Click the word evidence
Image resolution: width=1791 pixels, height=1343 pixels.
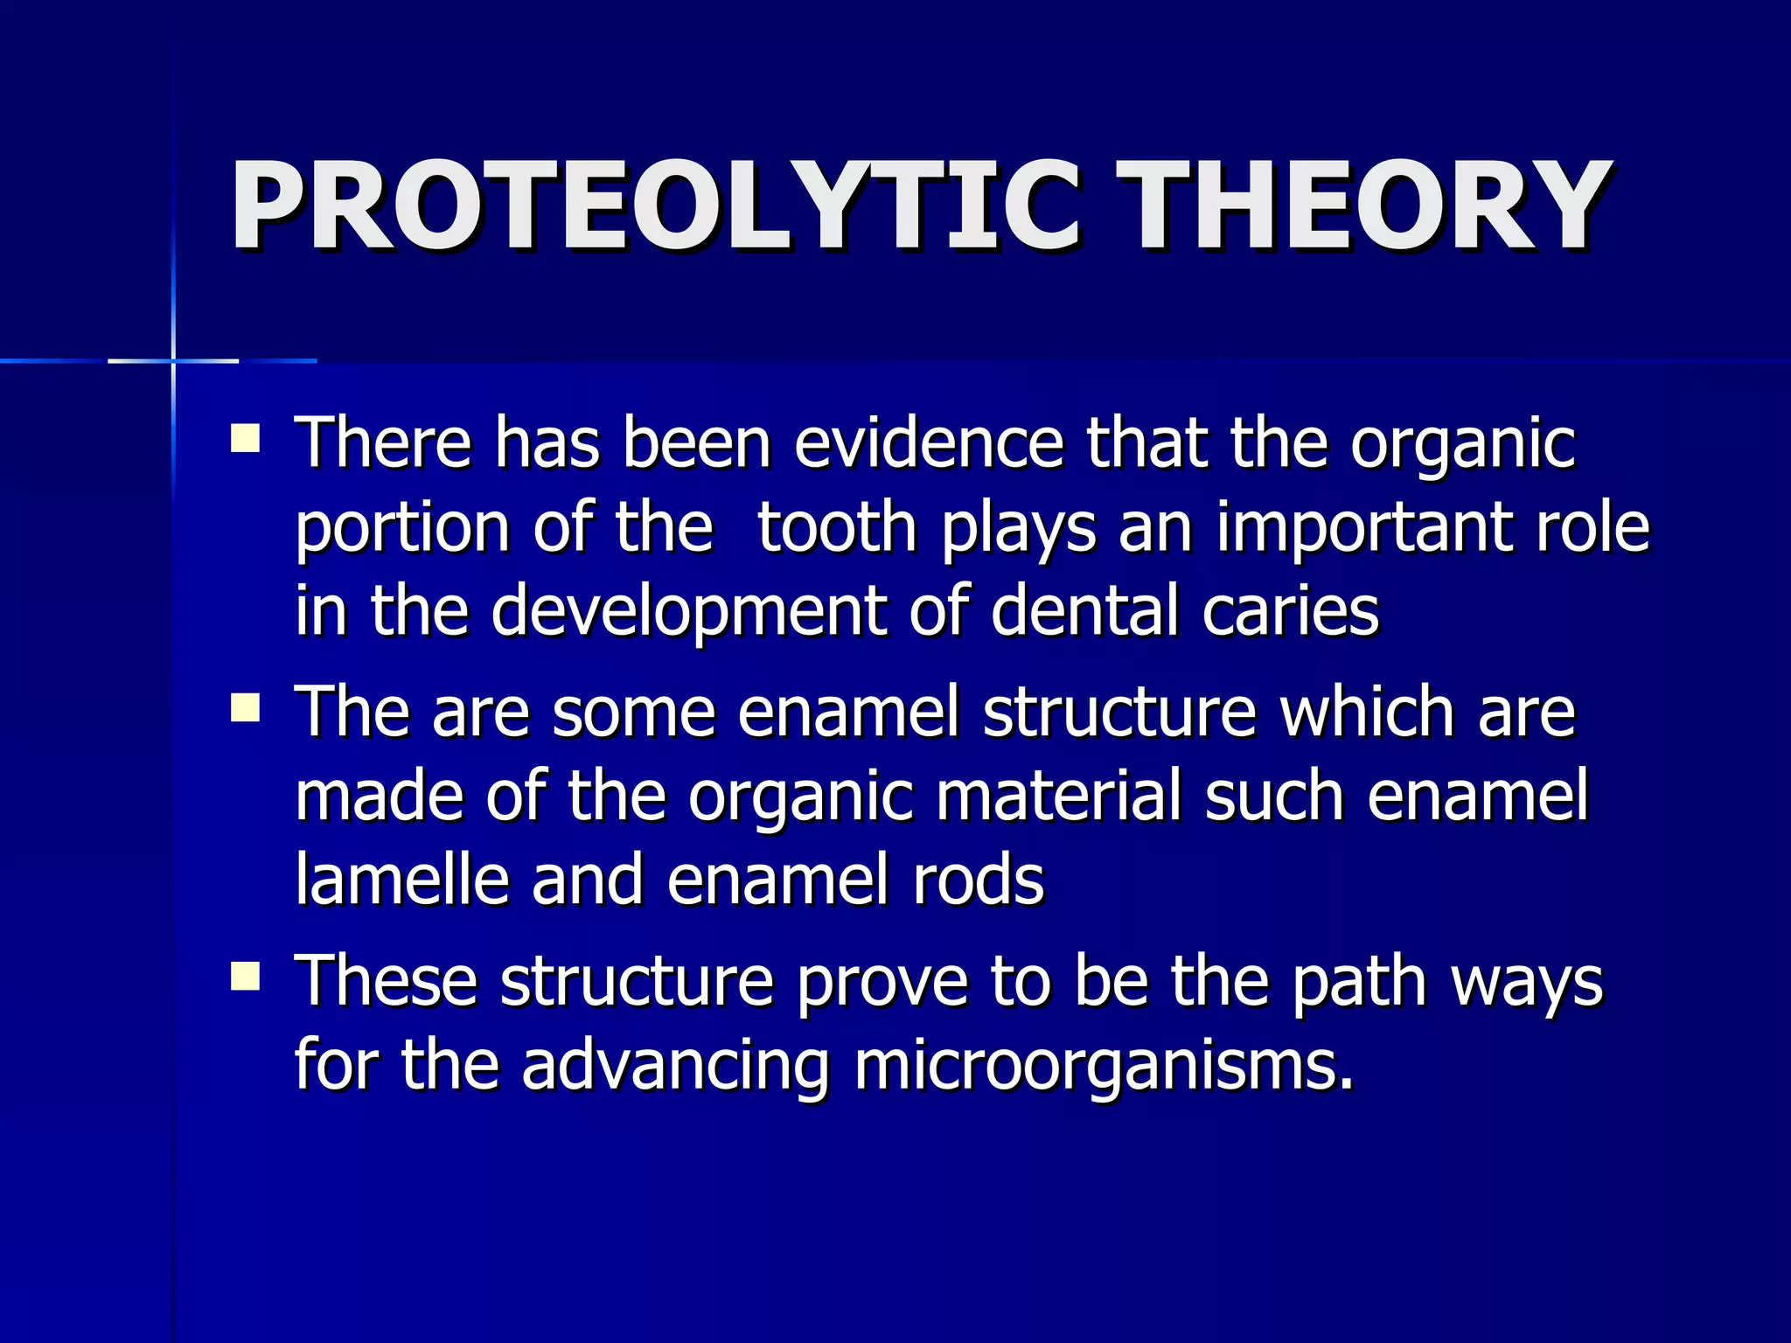[x=929, y=442]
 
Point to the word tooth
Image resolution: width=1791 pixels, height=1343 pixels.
[x=836, y=527]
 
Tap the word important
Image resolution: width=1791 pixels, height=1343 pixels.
[x=1368, y=527]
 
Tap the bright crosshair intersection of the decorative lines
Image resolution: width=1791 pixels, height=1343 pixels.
[x=173, y=360]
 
